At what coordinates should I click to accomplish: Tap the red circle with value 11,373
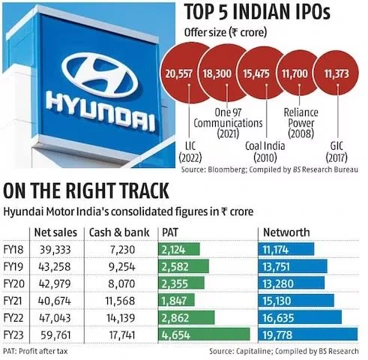[x=337, y=73]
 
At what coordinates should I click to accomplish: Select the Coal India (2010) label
[x=265, y=151]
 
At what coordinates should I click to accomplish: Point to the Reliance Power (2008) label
[x=301, y=123]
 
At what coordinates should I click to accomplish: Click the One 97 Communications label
[x=228, y=123]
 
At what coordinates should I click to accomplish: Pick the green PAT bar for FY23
[x=204, y=334]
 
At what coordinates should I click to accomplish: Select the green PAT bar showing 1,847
[x=176, y=301]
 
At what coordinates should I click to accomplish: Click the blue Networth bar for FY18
[x=286, y=249]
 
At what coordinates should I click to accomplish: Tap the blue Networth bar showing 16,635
[x=300, y=317]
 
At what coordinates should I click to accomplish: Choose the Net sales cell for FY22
[x=55, y=318]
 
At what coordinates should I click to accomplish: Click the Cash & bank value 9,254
[x=122, y=266]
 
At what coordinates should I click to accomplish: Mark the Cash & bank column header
[x=119, y=232]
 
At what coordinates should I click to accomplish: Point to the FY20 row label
[x=14, y=283]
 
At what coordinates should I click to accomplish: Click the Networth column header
[x=286, y=232]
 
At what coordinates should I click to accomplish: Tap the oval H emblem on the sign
[x=100, y=75]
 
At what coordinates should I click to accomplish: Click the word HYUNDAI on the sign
[x=100, y=111]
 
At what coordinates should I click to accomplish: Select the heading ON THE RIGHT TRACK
[x=86, y=190]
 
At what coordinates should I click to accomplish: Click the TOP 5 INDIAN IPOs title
[x=257, y=12]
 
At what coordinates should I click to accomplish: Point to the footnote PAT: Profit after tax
[x=35, y=351]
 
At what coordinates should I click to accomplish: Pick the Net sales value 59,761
[x=55, y=334]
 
